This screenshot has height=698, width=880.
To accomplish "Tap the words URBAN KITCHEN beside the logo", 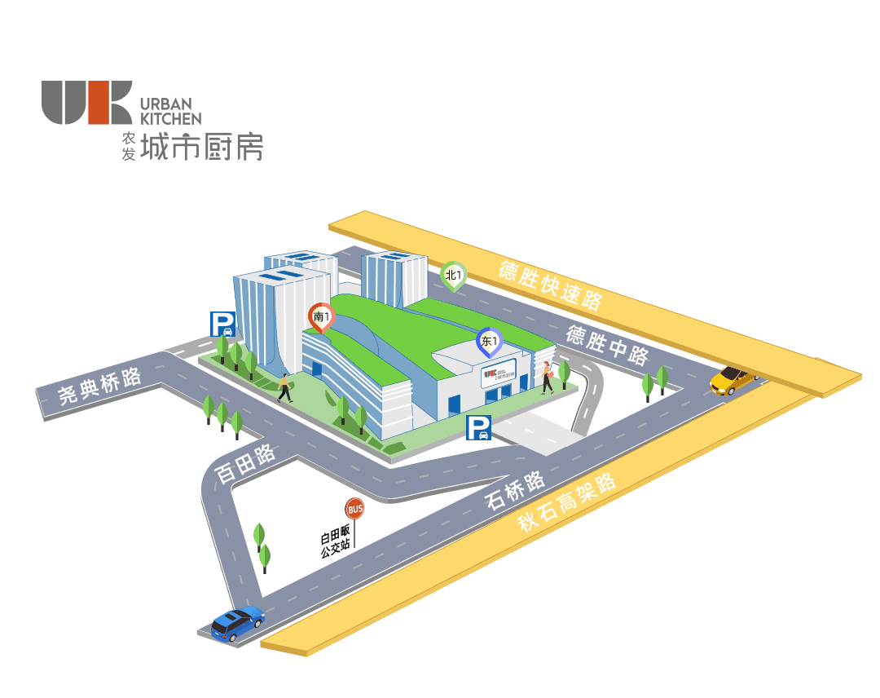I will tap(170, 110).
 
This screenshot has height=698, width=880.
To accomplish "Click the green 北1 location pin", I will tap(453, 276).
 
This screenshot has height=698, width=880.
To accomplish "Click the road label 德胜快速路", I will tap(550, 285).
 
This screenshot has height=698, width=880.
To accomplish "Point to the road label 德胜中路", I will tap(607, 346).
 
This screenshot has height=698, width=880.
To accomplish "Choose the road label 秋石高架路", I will tap(567, 503).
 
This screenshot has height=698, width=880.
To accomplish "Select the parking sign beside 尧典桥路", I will tap(222, 325).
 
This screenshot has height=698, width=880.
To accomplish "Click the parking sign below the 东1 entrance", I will tap(478, 427).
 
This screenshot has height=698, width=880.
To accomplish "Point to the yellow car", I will tap(732, 379).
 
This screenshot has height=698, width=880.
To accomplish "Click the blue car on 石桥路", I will tap(237, 623).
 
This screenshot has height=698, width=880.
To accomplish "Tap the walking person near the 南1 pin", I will tap(284, 388).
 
